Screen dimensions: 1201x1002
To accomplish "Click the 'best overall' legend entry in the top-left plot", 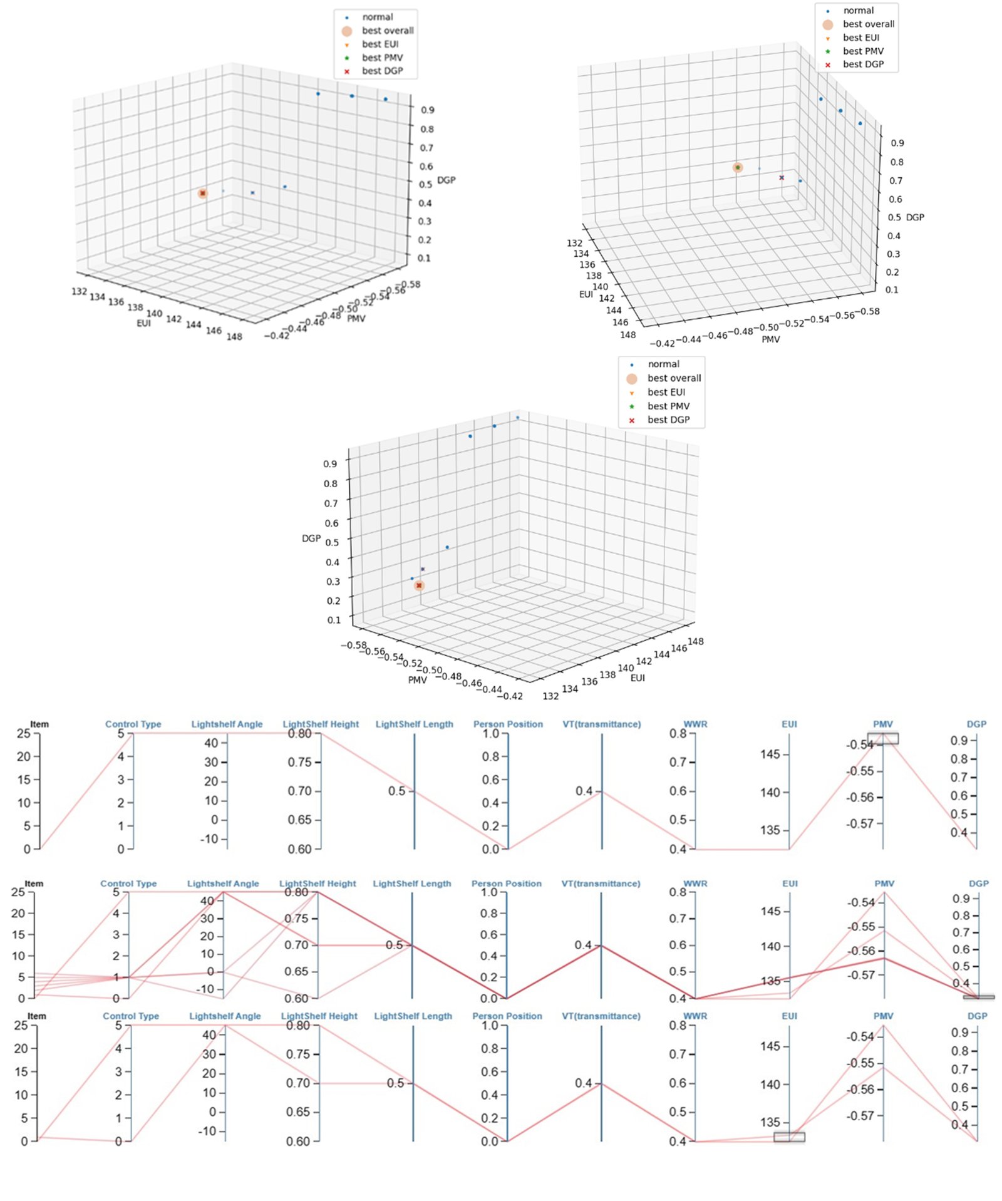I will [x=387, y=31].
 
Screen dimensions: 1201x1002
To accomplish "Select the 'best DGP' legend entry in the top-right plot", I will [x=862, y=64].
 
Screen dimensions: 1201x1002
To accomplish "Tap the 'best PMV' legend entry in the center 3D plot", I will [x=668, y=406].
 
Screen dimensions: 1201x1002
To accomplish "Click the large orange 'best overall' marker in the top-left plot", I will [x=202, y=193].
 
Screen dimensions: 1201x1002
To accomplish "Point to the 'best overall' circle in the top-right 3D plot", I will [x=738, y=167].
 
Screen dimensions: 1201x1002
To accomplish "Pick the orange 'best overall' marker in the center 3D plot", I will [x=419, y=585].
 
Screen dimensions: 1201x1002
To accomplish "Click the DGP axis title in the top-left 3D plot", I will [x=446, y=180].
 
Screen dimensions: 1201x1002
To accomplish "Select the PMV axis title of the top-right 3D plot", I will [x=770, y=339].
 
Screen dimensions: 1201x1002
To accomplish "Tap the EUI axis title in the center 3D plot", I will [x=638, y=678].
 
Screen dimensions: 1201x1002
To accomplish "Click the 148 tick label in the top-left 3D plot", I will [x=234, y=337].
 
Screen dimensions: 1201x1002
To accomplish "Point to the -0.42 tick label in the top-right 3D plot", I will [x=662, y=343].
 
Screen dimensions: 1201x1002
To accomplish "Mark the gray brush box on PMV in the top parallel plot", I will [x=882, y=738].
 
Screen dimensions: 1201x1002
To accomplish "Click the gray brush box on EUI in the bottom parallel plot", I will [x=789, y=1137].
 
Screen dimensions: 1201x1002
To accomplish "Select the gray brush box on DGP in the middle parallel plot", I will [x=978, y=996].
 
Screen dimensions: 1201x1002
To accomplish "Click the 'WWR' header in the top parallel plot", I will [x=695, y=724].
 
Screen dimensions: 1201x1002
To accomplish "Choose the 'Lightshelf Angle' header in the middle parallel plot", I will [x=222, y=884].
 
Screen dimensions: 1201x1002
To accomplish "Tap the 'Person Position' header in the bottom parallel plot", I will [x=507, y=1016].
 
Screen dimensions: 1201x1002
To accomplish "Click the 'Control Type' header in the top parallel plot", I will [x=133, y=724].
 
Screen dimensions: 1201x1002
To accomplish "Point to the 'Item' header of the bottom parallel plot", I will [x=36, y=1016].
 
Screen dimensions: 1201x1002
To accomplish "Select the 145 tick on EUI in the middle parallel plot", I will [x=770, y=911].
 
